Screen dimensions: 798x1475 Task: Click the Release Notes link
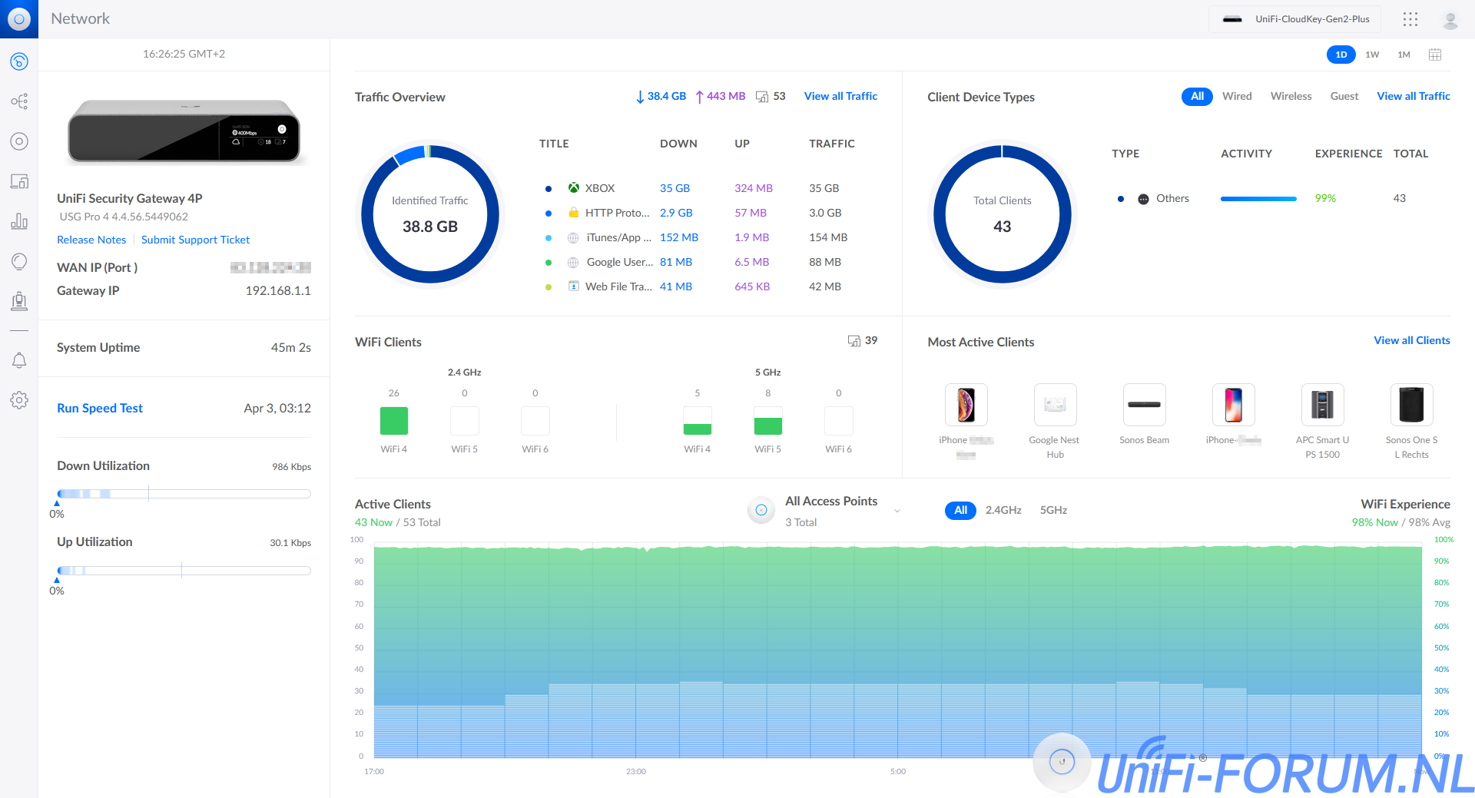91,240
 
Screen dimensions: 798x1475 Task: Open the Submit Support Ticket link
195,240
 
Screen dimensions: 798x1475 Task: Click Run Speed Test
100,408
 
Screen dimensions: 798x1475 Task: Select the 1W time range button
1372,55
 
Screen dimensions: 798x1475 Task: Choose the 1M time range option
1404,55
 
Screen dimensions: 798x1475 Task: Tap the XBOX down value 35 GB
675,188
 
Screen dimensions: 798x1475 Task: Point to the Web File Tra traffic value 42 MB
824,286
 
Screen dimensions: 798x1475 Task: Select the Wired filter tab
1237,96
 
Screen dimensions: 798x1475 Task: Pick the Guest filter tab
1344,96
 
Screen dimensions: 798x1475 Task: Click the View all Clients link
1411,340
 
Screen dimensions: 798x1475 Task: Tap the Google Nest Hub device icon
1055,405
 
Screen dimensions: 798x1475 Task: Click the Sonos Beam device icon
1144,405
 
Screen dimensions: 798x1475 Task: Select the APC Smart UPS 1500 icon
1322,405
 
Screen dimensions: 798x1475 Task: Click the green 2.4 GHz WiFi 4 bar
394,421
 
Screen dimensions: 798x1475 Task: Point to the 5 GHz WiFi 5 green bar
767,425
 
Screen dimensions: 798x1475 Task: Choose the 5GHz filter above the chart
1053,510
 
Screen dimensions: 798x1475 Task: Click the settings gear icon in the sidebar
19,400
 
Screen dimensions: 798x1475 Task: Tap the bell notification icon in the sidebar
19,360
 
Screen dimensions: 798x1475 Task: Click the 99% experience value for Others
1324,198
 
